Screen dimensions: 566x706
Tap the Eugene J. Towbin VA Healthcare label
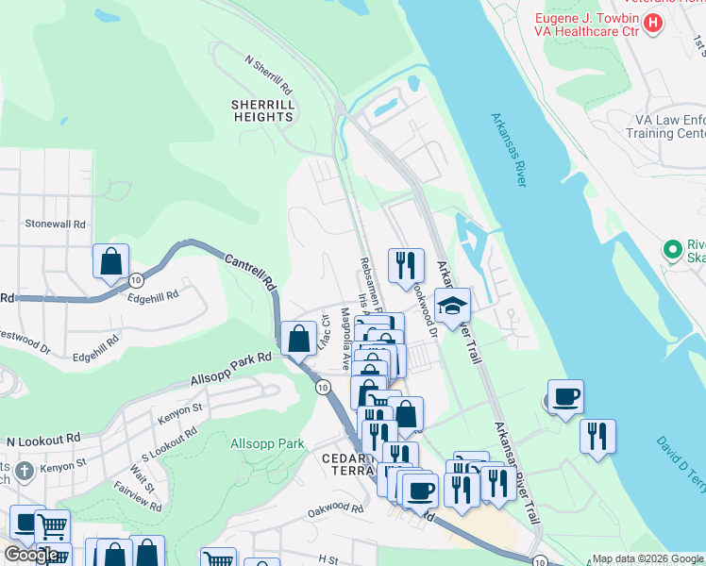tap(585, 25)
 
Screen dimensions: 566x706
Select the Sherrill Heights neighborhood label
tap(263, 110)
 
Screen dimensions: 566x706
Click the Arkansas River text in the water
tap(508, 150)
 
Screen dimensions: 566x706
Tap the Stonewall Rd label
tap(56, 225)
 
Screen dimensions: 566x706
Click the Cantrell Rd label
tap(250, 270)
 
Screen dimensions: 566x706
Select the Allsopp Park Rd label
tap(230, 368)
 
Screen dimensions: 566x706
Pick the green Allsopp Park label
tap(267, 443)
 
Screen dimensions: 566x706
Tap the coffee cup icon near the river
tap(565, 397)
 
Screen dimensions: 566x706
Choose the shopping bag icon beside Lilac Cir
tap(299, 339)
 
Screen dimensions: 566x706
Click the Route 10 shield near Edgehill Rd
tap(137, 280)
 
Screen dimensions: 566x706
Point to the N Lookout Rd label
tap(44, 441)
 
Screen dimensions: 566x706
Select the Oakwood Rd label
tap(335, 508)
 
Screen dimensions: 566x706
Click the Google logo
tap(31, 555)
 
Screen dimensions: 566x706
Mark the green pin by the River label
tap(672, 251)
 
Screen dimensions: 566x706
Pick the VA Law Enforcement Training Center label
tap(650, 126)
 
